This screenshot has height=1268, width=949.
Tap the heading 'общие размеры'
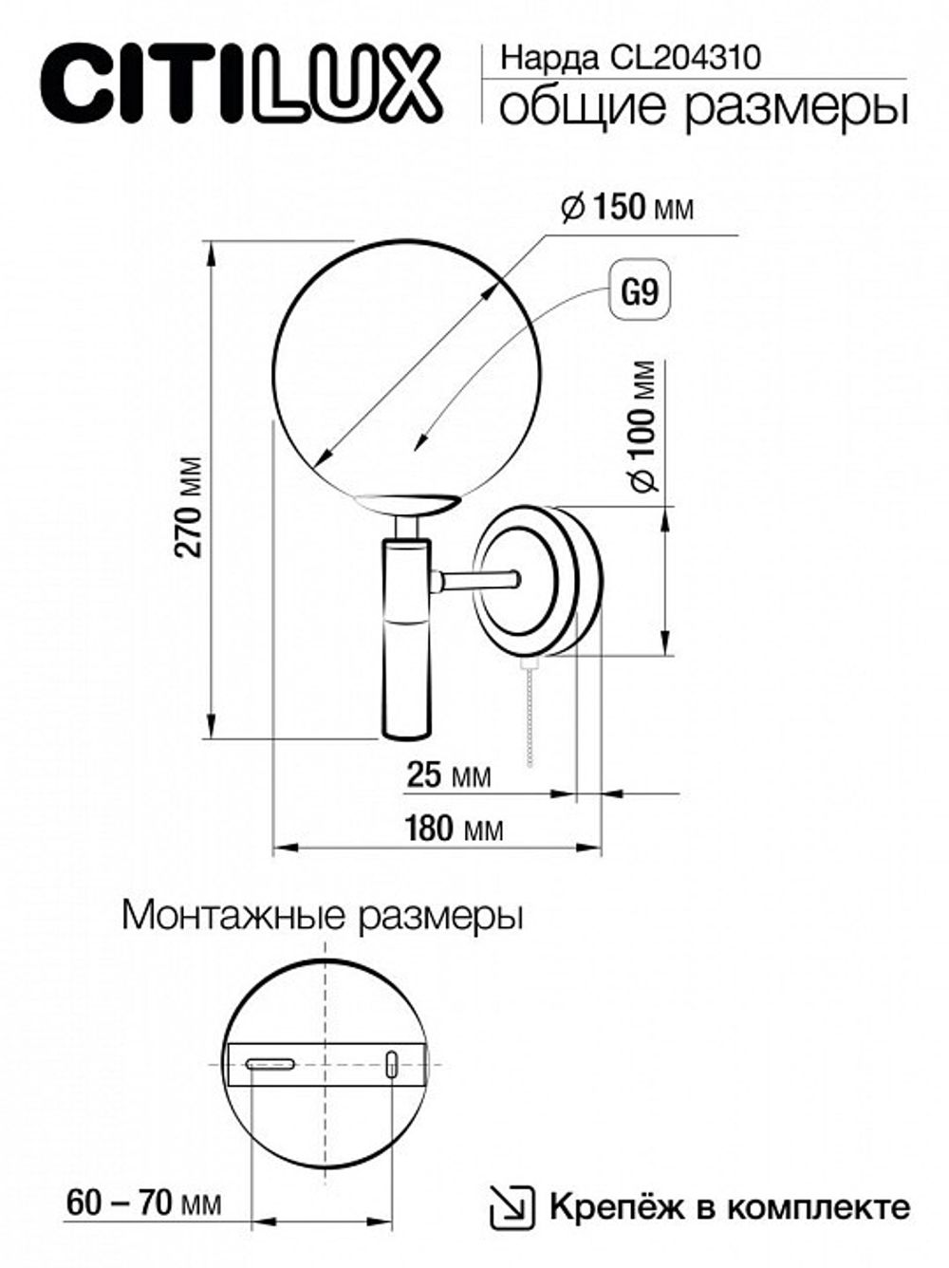coord(703,107)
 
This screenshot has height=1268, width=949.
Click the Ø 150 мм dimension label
coord(627,206)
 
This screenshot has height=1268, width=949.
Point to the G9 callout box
coord(639,290)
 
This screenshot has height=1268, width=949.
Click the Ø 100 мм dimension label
coord(644,426)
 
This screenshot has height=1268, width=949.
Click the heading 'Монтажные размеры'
coord(323,917)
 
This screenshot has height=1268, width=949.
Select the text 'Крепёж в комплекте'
coord(729,1207)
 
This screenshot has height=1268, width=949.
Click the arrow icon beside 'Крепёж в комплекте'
coord(508,1207)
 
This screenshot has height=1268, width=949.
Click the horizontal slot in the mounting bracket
coord(270,1065)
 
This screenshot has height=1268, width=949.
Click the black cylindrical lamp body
coord(406,655)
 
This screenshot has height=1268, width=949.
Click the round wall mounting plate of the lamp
coord(537,581)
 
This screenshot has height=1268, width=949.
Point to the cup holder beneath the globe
coord(405,505)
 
